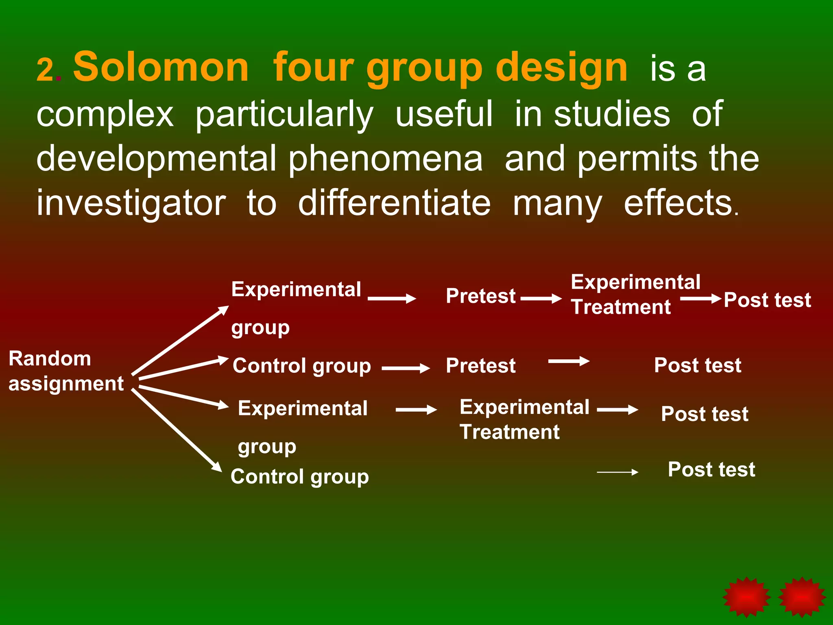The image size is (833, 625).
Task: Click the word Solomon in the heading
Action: [x=161, y=67]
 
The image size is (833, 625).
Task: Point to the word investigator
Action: [x=131, y=203]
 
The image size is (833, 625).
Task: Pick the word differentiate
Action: [x=394, y=203]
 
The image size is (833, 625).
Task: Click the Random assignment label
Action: [x=66, y=371]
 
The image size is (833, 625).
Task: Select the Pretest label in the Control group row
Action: [x=480, y=365]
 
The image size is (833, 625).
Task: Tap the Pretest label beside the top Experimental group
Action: [x=480, y=296]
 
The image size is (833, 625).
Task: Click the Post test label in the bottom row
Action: [x=711, y=469]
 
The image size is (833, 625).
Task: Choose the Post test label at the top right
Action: [x=767, y=300]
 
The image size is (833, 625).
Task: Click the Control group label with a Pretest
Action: [x=301, y=365]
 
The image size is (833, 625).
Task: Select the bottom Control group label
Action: [x=299, y=476]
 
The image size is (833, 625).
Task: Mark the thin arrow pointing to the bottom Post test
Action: [x=617, y=472]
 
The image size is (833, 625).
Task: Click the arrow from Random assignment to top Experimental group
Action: [x=180, y=340]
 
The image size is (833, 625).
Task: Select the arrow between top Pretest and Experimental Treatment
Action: [x=541, y=299]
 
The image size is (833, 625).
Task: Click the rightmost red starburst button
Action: [x=802, y=597]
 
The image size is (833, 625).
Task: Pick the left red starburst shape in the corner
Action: [x=746, y=597]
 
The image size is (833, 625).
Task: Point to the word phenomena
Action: [x=386, y=159]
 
